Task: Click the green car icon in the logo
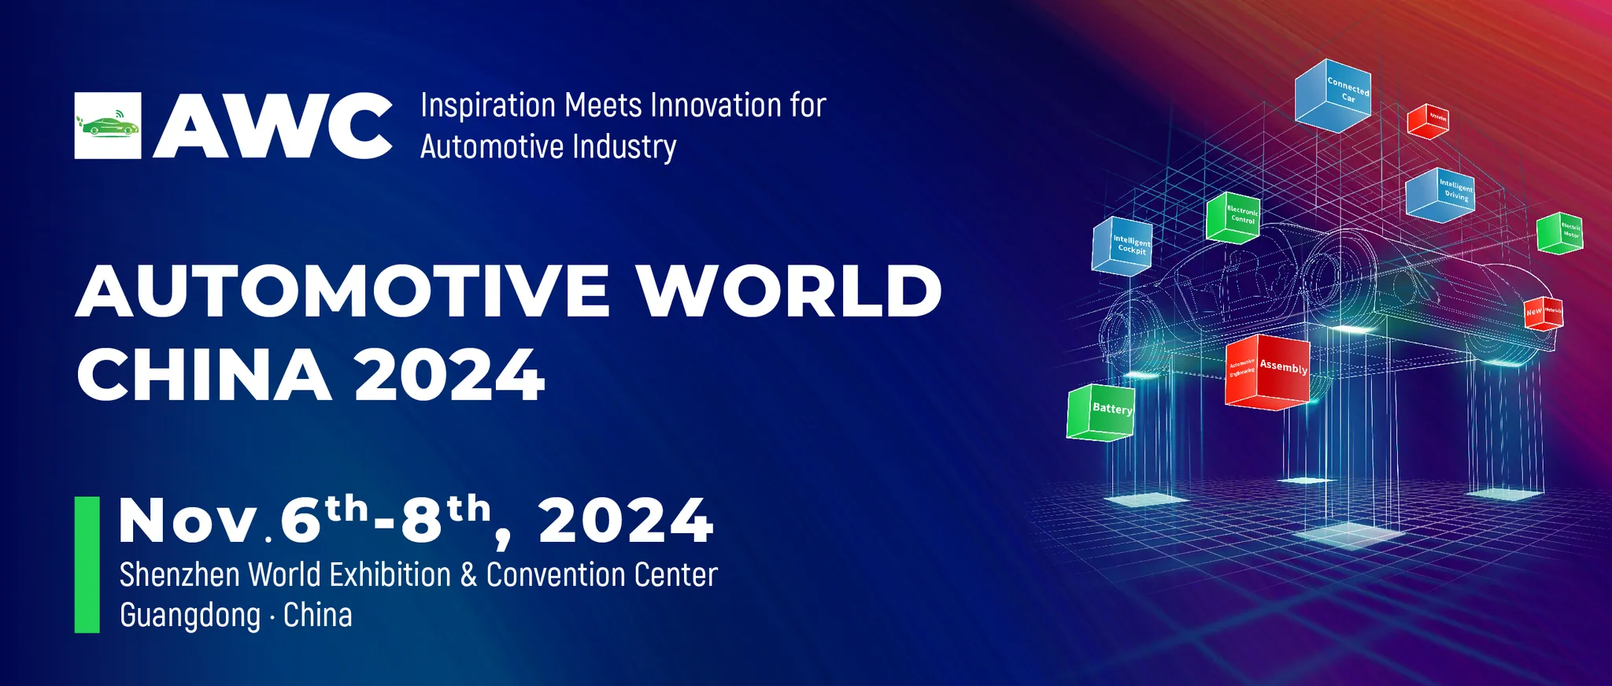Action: point(108,125)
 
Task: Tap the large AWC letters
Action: point(272,126)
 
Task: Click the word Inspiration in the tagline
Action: point(488,106)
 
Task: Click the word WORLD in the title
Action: point(789,291)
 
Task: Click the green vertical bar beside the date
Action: point(87,564)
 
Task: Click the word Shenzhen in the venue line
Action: point(179,575)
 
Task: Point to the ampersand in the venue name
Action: point(469,575)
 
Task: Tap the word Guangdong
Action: point(190,615)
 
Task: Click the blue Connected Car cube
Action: point(1333,95)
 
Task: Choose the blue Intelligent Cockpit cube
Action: point(1122,246)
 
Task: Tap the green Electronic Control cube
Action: point(1233,217)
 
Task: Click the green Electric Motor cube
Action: point(1560,233)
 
